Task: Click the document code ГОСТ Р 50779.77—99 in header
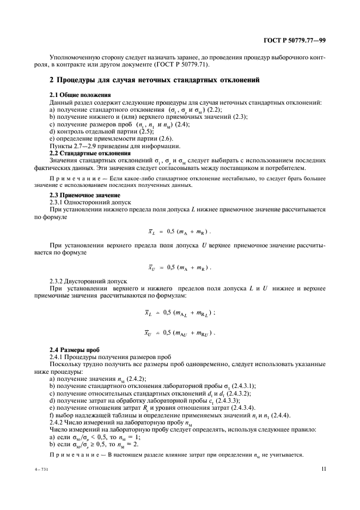295,40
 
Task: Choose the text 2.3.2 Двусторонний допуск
82,281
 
